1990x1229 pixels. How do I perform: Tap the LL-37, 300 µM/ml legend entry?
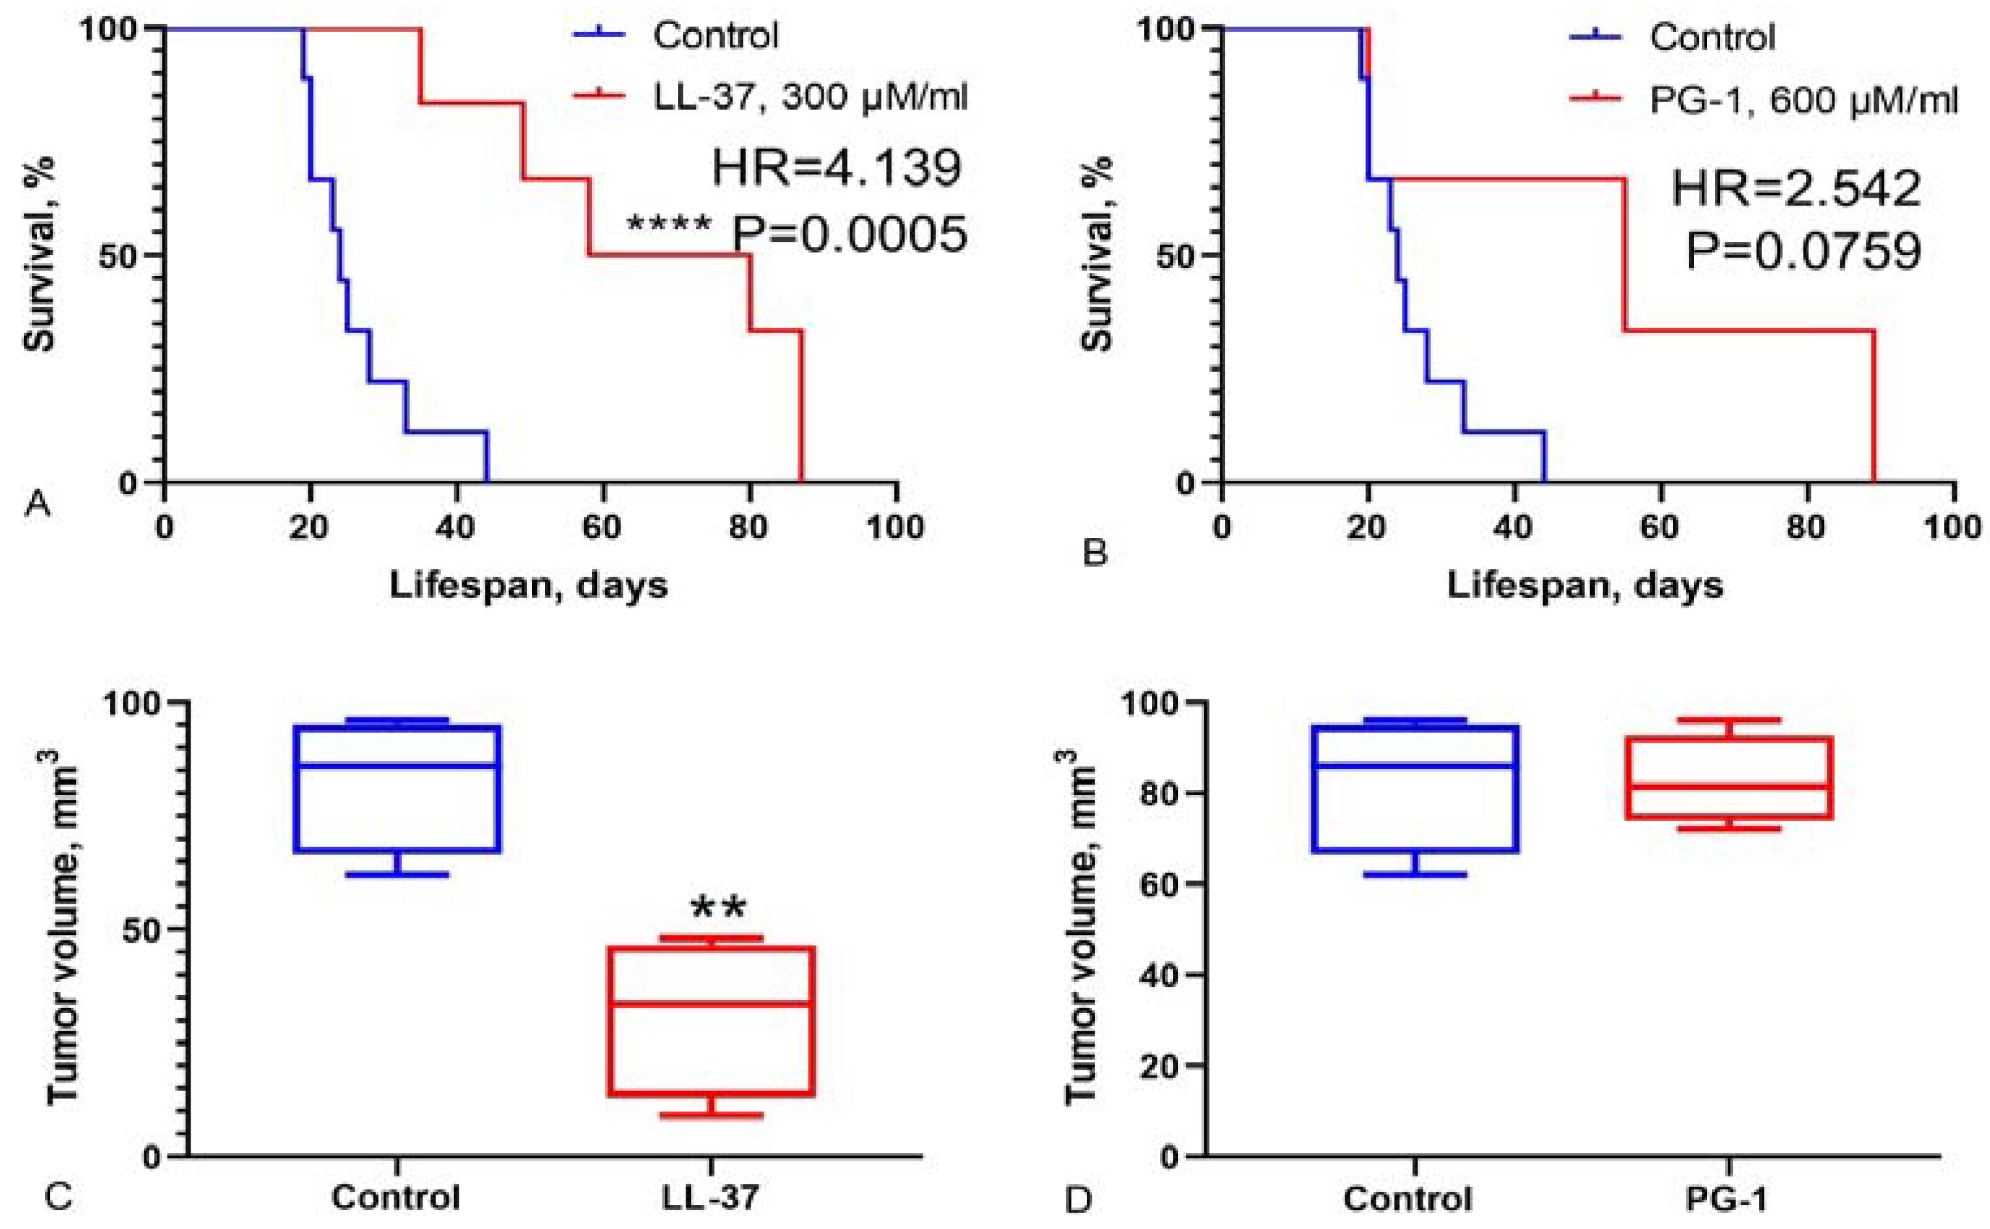pyautogui.click(x=810, y=98)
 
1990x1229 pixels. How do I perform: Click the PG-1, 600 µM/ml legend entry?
pyautogui.click(x=1803, y=100)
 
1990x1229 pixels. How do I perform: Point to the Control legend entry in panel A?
pyautogui.click(x=715, y=36)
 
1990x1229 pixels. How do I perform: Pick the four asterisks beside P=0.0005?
pyautogui.click(x=669, y=224)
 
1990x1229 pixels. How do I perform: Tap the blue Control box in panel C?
pyautogui.click(x=397, y=789)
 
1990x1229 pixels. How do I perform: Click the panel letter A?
pyautogui.click(x=38, y=505)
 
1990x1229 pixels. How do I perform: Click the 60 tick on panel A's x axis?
pyautogui.click(x=602, y=528)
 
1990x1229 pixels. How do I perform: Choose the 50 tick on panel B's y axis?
pyautogui.click(x=1174, y=255)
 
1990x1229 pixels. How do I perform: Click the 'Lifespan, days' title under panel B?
pyautogui.click(x=1585, y=586)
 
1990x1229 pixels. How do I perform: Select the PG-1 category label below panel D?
pyautogui.click(x=1728, y=1198)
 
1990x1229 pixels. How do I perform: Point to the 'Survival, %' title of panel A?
pyautogui.click(x=39, y=253)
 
